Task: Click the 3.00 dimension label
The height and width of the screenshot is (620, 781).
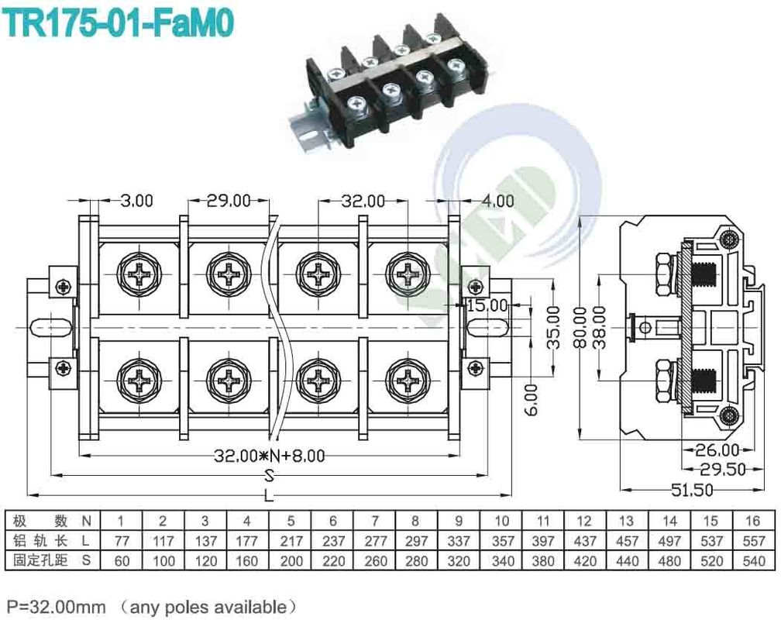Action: click(x=137, y=201)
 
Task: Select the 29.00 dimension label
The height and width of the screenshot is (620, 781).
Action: click(x=229, y=201)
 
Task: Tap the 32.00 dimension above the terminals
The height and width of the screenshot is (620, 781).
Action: click(x=363, y=201)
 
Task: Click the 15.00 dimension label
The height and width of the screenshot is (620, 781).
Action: click(x=487, y=305)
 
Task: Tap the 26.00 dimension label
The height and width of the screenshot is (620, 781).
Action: click(x=717, y=449)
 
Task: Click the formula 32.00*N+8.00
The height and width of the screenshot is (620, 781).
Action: click(x=270, y=456)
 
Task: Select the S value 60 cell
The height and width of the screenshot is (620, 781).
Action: click(x=122, y=560)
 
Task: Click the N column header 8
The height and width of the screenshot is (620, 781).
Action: click(x=415, y=520)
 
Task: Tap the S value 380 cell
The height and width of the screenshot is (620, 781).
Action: click(x=542, y=560)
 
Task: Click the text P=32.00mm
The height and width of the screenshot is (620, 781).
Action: click(x=56, y=606)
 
